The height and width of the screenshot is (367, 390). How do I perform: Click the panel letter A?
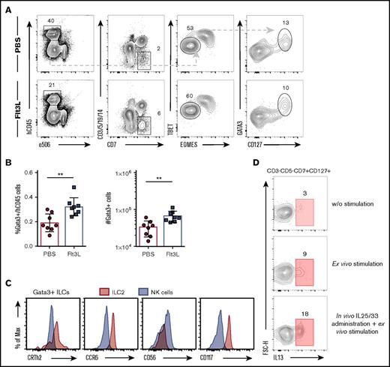click(x=6, y=5)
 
